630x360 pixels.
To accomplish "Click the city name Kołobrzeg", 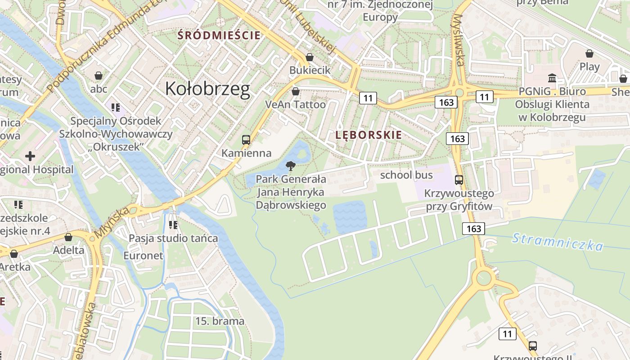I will click(207, 89).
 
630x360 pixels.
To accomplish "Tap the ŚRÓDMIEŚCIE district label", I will click(219, 35).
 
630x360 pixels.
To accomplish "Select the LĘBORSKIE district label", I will click(369, 135).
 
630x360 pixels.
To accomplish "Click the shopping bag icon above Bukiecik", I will click(310, 57).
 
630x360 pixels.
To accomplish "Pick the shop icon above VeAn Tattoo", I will click(296, 91).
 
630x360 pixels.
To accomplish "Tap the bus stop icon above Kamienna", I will click(246, 140).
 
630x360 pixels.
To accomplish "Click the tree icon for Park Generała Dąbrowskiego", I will click(291, 166).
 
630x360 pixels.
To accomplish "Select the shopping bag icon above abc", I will click(99, 76).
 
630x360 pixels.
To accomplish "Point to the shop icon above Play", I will click(589, 54).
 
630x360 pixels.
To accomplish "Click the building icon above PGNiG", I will click(552, 77).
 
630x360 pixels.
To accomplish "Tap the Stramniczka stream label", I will click(558, 242).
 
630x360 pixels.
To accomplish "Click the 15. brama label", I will click(220, 321).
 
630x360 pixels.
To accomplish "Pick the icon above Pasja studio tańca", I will click(173, 225).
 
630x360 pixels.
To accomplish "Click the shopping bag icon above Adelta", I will click(68, 237).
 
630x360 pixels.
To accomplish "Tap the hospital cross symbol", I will click(30, 157).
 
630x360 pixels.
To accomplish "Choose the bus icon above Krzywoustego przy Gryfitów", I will click(459, 180).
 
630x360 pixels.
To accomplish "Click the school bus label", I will click(406, 175).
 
